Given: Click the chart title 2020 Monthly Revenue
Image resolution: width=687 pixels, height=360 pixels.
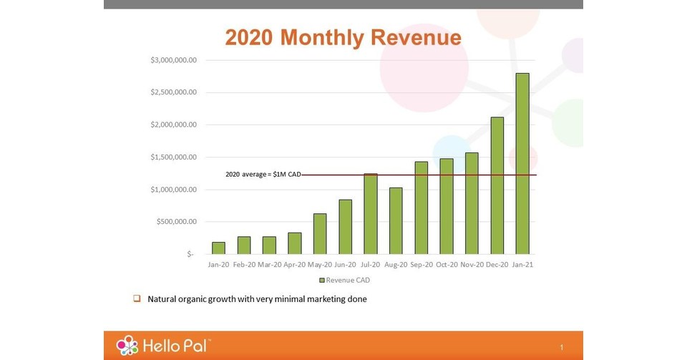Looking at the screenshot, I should point(343,37).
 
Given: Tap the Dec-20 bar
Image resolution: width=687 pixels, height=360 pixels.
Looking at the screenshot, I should point(497,185).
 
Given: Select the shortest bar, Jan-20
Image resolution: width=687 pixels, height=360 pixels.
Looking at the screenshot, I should point(218,248).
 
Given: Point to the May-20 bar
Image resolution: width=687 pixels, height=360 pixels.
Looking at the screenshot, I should point(320,233).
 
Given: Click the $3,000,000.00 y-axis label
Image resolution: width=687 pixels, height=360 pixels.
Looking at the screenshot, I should point(173,60).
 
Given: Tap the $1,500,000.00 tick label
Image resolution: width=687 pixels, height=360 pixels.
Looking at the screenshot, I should point(173,157).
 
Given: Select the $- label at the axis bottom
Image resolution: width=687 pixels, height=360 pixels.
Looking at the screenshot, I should point(190,254).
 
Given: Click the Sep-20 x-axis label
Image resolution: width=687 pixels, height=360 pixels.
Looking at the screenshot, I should point(421,265).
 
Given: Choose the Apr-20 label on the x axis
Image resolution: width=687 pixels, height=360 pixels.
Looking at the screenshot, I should point(294,265).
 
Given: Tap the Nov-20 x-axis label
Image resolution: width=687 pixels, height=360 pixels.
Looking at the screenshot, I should point(472,265).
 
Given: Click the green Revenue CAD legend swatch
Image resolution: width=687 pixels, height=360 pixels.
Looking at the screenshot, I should point(322,280).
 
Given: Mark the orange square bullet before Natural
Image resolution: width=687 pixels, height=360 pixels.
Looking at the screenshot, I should point(136,298).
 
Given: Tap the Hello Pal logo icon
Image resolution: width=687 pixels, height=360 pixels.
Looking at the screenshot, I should point(127,345).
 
